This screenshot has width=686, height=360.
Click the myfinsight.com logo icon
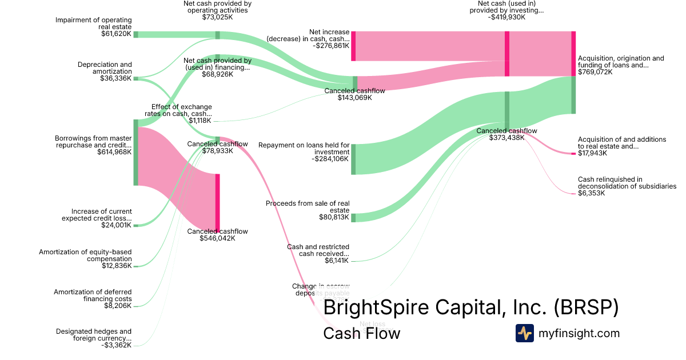coord(524,333)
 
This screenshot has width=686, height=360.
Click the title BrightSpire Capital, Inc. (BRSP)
coord(470,307)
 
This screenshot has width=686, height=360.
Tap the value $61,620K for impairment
coord(117,34)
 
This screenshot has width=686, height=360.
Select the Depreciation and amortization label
coord(105,68)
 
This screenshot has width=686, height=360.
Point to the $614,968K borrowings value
coord(113,152)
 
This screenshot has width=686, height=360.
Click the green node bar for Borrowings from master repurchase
coord(136,152)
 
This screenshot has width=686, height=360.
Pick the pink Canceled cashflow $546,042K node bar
coord(217,202)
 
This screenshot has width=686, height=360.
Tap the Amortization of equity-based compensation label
coord(85,255)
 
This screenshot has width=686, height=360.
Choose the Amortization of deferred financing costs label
coord(93,295)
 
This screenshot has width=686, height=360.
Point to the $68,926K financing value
coord(217,74)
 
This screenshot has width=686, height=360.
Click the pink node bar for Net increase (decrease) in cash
coord(353,46)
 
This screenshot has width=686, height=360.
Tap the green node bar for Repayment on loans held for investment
coord(353,159)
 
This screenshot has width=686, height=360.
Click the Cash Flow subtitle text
coord(361,333)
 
